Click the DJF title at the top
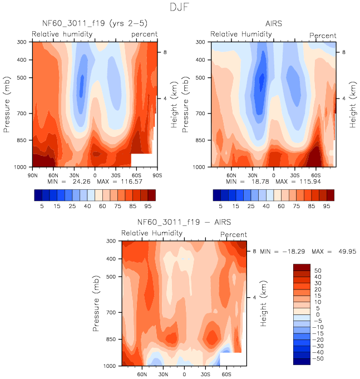coord(180,8)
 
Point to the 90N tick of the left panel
coord(32,175)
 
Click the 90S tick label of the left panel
coord(158,175)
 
